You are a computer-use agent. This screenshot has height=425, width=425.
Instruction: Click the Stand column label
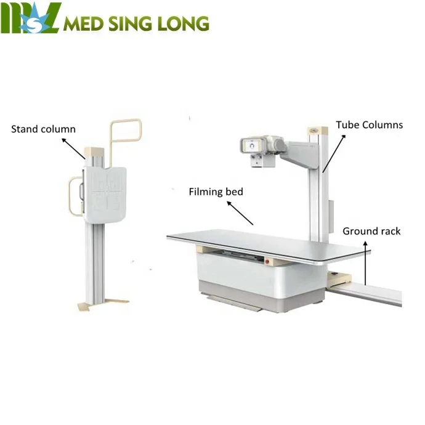[43, 129]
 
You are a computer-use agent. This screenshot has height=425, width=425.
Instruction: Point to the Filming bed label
[216, 192]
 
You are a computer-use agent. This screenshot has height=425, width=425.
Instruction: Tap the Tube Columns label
[369, 125]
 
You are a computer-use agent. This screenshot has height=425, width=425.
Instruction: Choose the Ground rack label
[371, 231]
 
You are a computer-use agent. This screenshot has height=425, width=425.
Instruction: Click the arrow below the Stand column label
[73, 147]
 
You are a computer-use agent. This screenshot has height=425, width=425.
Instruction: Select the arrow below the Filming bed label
[242, 213]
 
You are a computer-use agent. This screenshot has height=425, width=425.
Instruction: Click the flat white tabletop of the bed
[265, 241]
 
